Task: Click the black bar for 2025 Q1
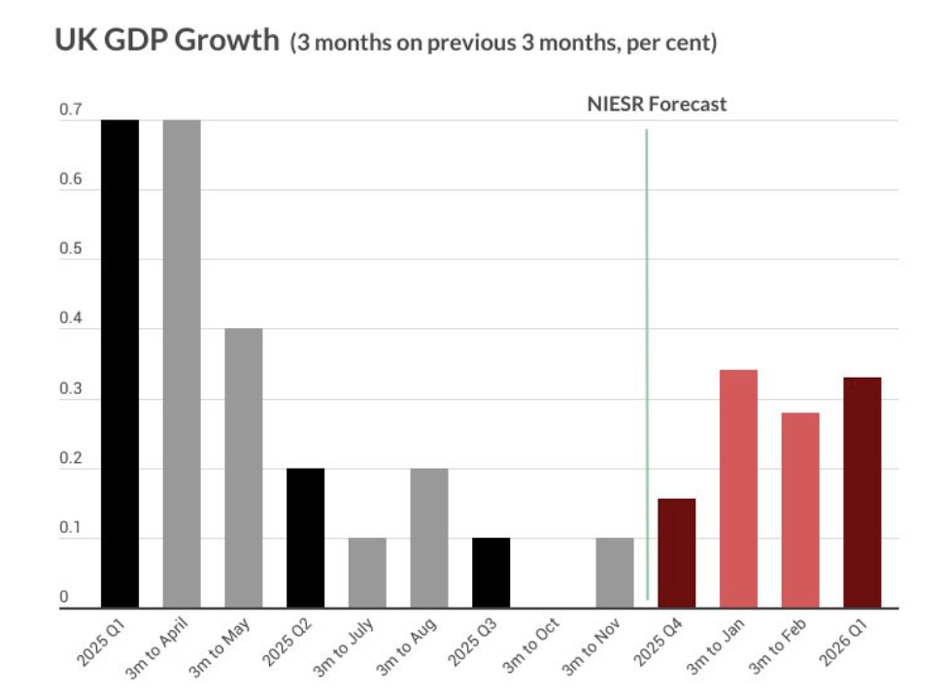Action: tap(120, 364)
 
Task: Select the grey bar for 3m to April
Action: tap(182, 364)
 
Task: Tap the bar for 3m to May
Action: tap(244, 468)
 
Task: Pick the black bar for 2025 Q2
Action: tap(305, 538)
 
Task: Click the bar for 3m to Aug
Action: tap(429, 538)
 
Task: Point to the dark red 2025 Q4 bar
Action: tap(676, 553)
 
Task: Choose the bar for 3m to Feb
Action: tap(800, 510)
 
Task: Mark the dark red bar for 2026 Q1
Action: tap(862, 492)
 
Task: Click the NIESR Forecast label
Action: tap(657, 104)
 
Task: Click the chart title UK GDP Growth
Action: tap(166, 43)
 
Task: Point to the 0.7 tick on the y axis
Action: tap(70, 113)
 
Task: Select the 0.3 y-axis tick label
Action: tap(70, 391)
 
